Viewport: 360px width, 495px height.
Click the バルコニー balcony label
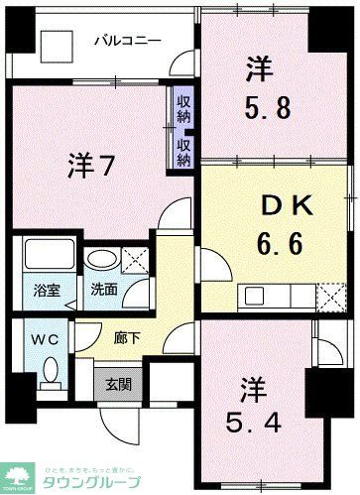pyautogui.click(x=128, y=41)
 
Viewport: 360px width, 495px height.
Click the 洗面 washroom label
pyautogui.click(x=104, y=293)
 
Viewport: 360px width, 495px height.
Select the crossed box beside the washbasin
pyautogui.click(x=135, y=259)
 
